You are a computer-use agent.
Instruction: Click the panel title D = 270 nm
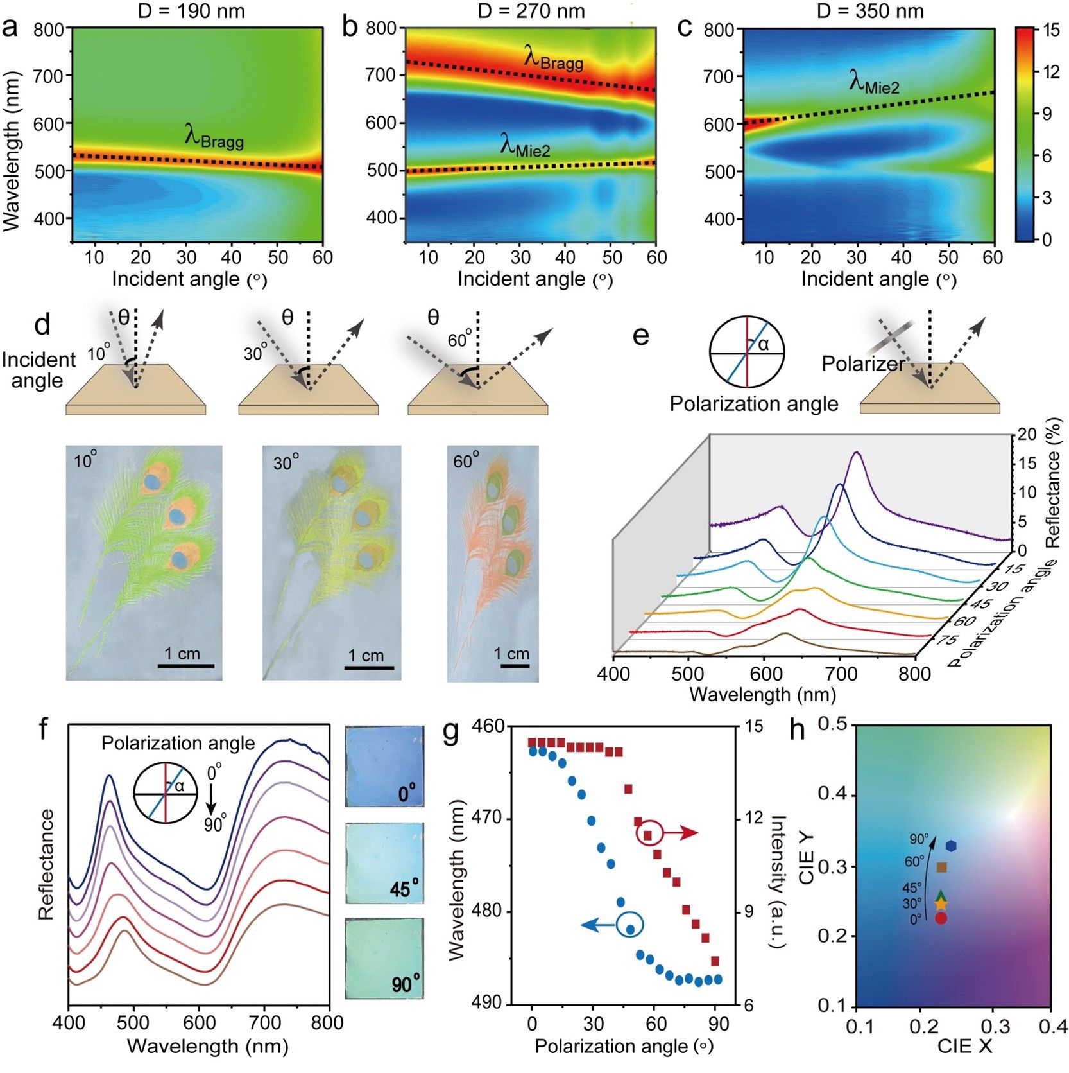point(531,11)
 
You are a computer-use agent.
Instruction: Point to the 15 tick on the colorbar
point(1050,30)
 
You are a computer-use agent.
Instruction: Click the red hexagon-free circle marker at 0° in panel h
point(941,918)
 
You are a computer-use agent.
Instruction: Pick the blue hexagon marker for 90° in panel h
point(950,846)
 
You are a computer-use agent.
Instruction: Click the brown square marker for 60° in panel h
point(941,868)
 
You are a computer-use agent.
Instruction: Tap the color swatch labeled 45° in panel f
point(384,864)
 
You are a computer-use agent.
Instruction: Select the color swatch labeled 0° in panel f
point(384,766)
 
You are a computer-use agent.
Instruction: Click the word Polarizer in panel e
point(863,364)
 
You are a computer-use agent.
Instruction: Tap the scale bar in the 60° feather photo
point(515,666)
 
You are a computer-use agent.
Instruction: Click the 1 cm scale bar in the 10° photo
point(186,666)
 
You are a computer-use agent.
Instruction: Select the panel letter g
point(451,731)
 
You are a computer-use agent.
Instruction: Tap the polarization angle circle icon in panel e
point(747,353)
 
